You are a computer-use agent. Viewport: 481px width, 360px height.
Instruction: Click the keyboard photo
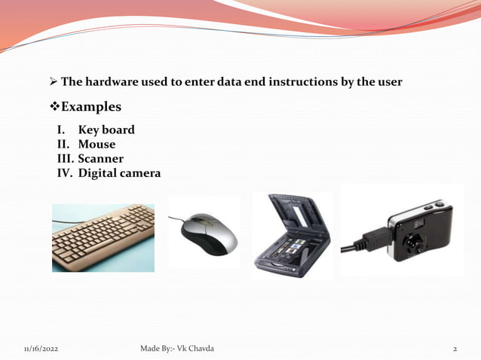103,238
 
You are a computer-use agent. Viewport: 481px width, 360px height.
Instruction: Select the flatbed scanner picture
292,236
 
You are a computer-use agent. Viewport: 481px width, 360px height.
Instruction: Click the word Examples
90,107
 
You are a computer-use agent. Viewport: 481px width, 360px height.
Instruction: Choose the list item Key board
106,130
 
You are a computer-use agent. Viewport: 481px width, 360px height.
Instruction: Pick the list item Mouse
97,144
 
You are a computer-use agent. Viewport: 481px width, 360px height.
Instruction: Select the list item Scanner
100,159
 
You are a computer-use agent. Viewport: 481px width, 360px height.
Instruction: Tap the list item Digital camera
119,173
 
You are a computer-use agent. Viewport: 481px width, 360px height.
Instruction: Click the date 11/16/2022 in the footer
41,349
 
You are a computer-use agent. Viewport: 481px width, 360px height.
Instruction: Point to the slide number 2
455,349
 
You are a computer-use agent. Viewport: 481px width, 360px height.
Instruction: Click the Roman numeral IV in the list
64,173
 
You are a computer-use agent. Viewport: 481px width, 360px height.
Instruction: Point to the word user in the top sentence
389,81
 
